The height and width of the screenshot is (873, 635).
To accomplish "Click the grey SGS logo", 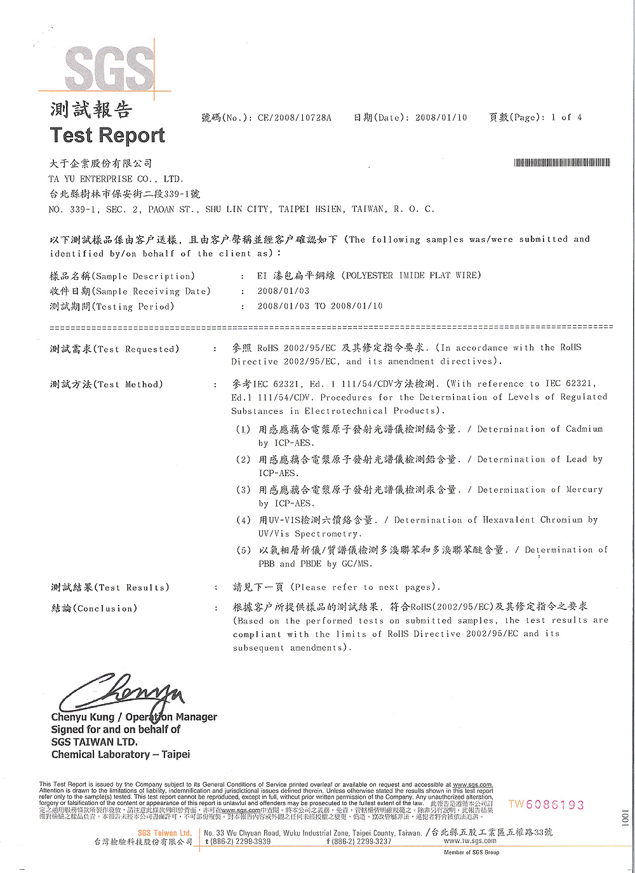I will coord(109,68).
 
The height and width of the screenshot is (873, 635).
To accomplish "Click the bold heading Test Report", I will coord(107,135).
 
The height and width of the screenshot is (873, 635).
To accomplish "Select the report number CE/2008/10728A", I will coord(294,117).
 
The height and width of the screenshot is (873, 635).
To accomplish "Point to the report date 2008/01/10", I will coord(441,117).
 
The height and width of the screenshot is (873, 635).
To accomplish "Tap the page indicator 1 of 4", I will coord(566,117).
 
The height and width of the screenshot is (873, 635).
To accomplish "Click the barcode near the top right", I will coord(562,163).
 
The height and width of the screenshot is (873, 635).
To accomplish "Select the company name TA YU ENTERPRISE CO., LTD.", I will coord(116,179).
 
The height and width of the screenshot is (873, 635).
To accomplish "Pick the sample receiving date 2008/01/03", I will coord(283,291).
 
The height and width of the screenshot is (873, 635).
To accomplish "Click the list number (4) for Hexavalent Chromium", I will coord(243,520).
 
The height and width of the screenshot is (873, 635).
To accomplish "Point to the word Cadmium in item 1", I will coord(584,429).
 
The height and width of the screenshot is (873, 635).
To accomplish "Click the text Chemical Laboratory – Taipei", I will coord(121,754).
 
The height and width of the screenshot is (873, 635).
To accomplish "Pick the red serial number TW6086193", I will coord(546,804).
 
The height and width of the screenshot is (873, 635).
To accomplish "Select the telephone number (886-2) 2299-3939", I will coord(241,841).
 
